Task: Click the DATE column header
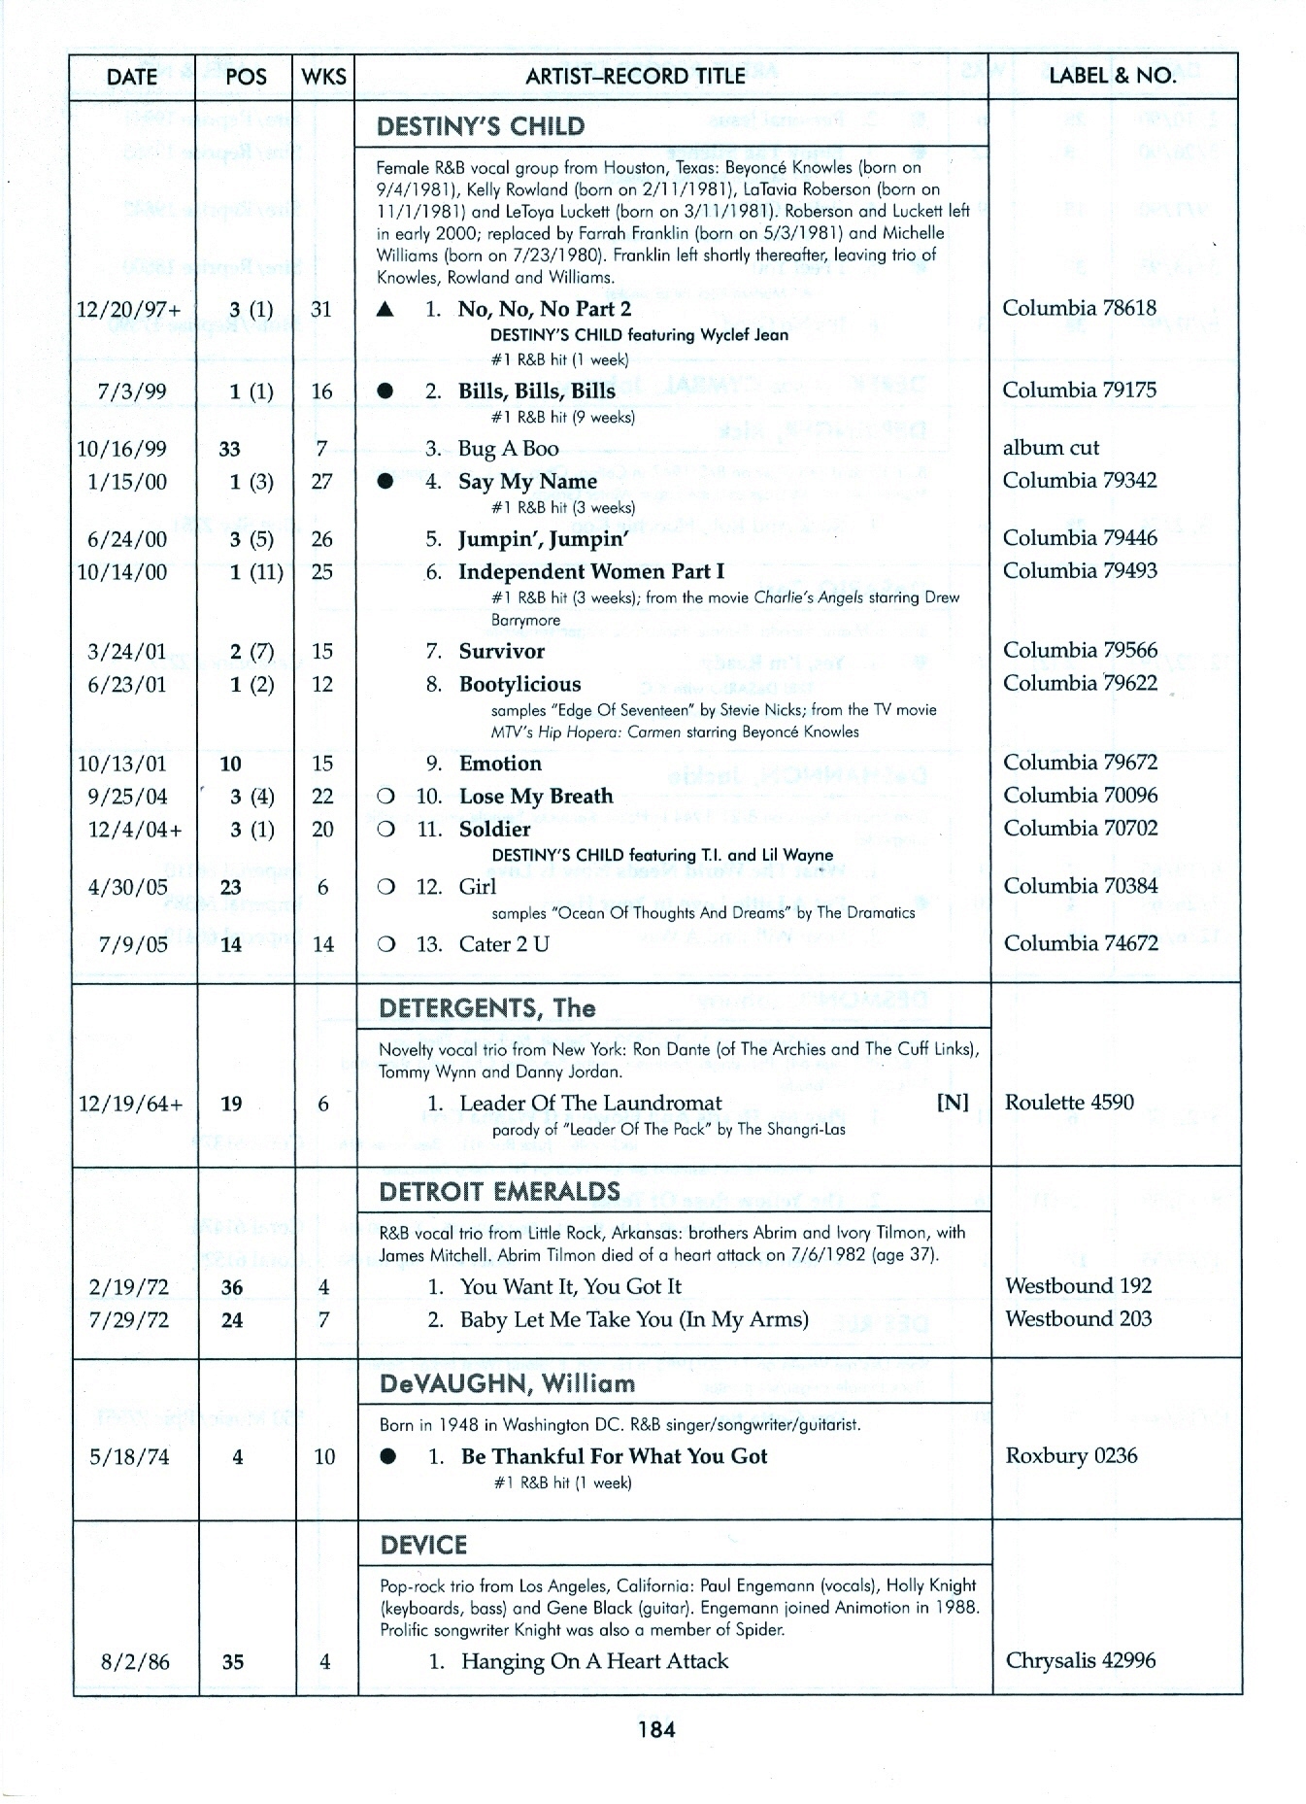click(x=131, y=77)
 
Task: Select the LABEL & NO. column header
click(x=1112, y=76)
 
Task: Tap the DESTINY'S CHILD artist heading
click(x=481, y=127)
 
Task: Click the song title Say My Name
click(x=527, y=482)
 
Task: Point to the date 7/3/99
click(x=132, y=391)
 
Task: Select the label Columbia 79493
click(x=1080, y=571)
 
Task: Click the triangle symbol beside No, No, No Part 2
click(x=385, y=310)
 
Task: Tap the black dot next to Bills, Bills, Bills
click(x=385, y=391)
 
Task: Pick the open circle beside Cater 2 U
click(x=386, y=944)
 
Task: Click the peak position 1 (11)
click(x=255, y=572)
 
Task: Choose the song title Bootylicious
click(x=519, y=685)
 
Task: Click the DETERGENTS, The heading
click(x=487, y=1008)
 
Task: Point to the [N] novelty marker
click(x=952, y=1103)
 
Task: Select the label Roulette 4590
click(x=1069, y=1103)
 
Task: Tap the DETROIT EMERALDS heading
click(x=499, y=1192)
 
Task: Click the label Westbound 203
click(x=1078, y=1319)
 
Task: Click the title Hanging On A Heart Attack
click(x=594, y=1661)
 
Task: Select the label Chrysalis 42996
click(x=1080, y=1660)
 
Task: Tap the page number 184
click(x=656, y=1729)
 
